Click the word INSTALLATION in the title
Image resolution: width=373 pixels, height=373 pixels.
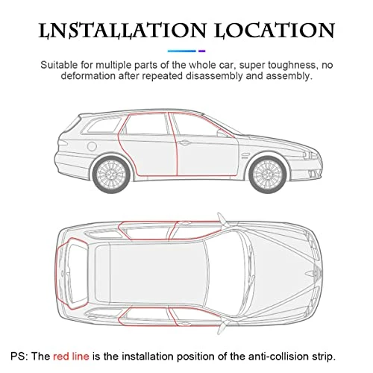point(122,31)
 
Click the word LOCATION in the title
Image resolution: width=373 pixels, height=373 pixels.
point(275,31)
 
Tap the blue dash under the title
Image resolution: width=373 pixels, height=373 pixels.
point(182,51)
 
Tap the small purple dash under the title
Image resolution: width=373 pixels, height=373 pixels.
point(202,51)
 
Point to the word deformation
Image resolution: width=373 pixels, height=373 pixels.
point(88,75)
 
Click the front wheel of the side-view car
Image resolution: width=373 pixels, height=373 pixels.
point(268,175)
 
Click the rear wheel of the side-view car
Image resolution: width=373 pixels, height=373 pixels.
point(111,175)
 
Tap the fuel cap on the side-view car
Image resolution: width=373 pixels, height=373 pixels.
point(92,146)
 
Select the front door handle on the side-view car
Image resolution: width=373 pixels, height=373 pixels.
point(184,142)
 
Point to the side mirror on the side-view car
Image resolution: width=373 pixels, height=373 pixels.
point(222,134)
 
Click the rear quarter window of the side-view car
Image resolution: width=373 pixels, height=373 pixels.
point(104,125)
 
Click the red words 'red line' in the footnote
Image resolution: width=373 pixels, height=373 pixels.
point(71,357)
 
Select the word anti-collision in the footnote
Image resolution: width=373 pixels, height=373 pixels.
point(279,357)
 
